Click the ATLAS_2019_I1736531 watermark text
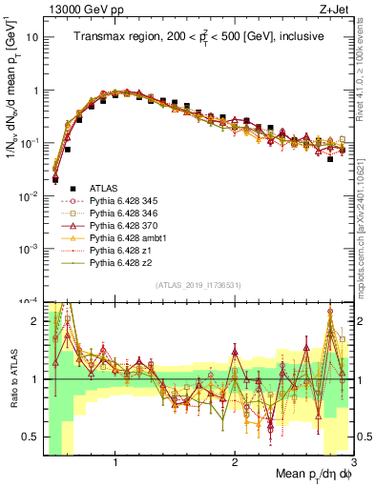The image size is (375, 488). pyautogui.click(x=198, y=285)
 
